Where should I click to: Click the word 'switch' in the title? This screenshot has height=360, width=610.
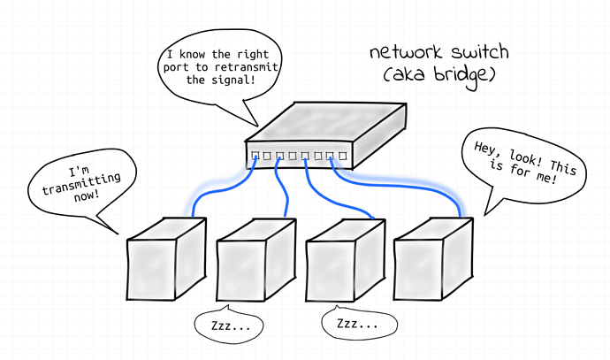click(x=479, y=52)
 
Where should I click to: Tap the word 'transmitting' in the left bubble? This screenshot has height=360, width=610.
click(x=81, y=184)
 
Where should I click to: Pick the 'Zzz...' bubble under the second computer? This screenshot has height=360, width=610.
click(x=229, y=325)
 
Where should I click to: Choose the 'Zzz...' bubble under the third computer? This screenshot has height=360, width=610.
click(x=359, y=323)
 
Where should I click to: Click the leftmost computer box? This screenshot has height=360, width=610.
click(x=166, y=259)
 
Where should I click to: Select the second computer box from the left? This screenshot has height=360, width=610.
click(x=256, y=260)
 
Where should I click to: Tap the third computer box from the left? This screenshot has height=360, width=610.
click(x=346, y=260)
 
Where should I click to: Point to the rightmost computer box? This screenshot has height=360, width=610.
click(x=433, y=259)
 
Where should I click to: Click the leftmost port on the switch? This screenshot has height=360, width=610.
click(x=255, y=156)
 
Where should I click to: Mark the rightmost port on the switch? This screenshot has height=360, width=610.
click(x=342, y=156)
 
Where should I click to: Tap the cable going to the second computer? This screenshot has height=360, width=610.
click(x=283, y=186)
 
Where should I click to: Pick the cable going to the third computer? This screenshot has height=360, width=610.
click(x=326, y=197)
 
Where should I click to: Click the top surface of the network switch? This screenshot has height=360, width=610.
click(x=326, y=122)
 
